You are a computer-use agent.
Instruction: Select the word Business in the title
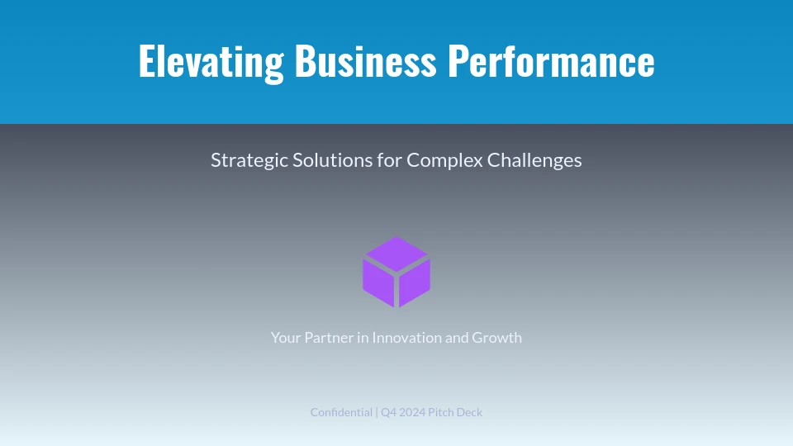[365, 60]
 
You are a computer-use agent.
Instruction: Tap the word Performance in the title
[551, 60]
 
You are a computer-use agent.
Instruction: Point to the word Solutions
[332, 159]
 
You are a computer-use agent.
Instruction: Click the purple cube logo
[396, 272]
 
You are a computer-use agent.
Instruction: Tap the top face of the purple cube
[396, 254]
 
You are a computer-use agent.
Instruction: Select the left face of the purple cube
[378, 283]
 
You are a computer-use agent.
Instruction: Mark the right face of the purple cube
[415, 283]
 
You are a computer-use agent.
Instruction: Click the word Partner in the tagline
[329, 337]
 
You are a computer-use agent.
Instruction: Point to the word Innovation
[407, 337]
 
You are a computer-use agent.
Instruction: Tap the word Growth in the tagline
[496, 337]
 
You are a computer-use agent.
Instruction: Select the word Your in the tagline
[286, 337]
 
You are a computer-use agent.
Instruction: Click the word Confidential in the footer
[341, 412]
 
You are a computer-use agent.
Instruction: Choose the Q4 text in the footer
[388, 413]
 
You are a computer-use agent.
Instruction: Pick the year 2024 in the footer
[412, 413]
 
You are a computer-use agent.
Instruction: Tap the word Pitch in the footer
[441, 413]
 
